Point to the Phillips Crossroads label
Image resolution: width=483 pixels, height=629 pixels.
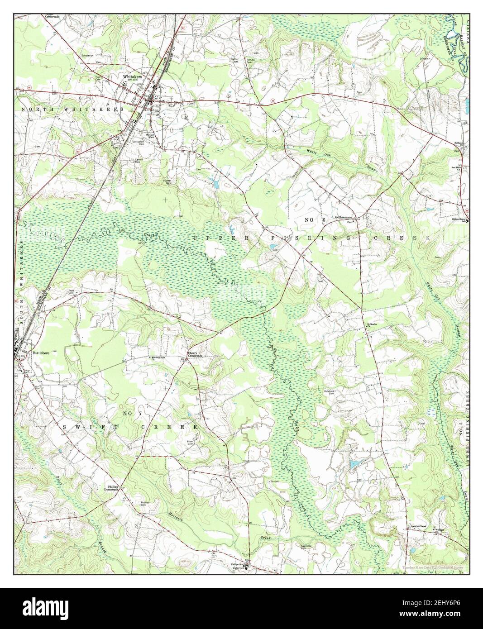point(111,488)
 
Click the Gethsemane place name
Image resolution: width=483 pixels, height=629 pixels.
point(344,218)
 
